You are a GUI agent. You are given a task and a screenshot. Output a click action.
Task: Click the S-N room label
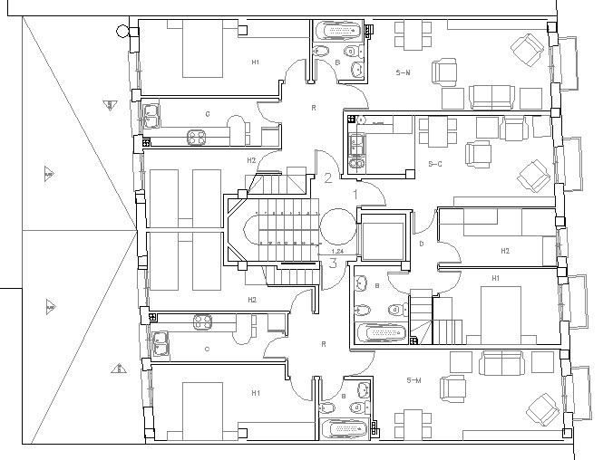click(403, 72)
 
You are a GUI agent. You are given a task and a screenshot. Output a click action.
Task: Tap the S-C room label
click(434, 164)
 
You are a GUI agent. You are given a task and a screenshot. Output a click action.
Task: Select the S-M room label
click(414, 379)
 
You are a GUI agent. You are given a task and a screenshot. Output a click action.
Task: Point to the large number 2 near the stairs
click(327, 177)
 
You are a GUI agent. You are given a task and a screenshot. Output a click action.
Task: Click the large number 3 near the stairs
click(333, 264)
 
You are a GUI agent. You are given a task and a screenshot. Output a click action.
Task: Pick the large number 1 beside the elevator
click(355, 193)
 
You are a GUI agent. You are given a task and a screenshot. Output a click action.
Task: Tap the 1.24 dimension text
click(337, 251)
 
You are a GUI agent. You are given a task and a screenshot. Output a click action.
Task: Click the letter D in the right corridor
click(421, 243)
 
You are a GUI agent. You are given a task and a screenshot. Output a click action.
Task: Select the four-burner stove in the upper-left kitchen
click(197, 138)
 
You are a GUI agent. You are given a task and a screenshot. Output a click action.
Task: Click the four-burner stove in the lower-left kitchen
click(200, 320)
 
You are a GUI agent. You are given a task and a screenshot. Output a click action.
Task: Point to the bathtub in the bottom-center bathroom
click(342, 429)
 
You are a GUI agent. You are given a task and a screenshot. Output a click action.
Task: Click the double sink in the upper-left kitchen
click(151, 115)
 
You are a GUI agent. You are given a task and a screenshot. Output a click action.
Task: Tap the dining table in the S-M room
click(413, 422)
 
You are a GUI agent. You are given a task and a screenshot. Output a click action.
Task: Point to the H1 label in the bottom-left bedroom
click(256, 393)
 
